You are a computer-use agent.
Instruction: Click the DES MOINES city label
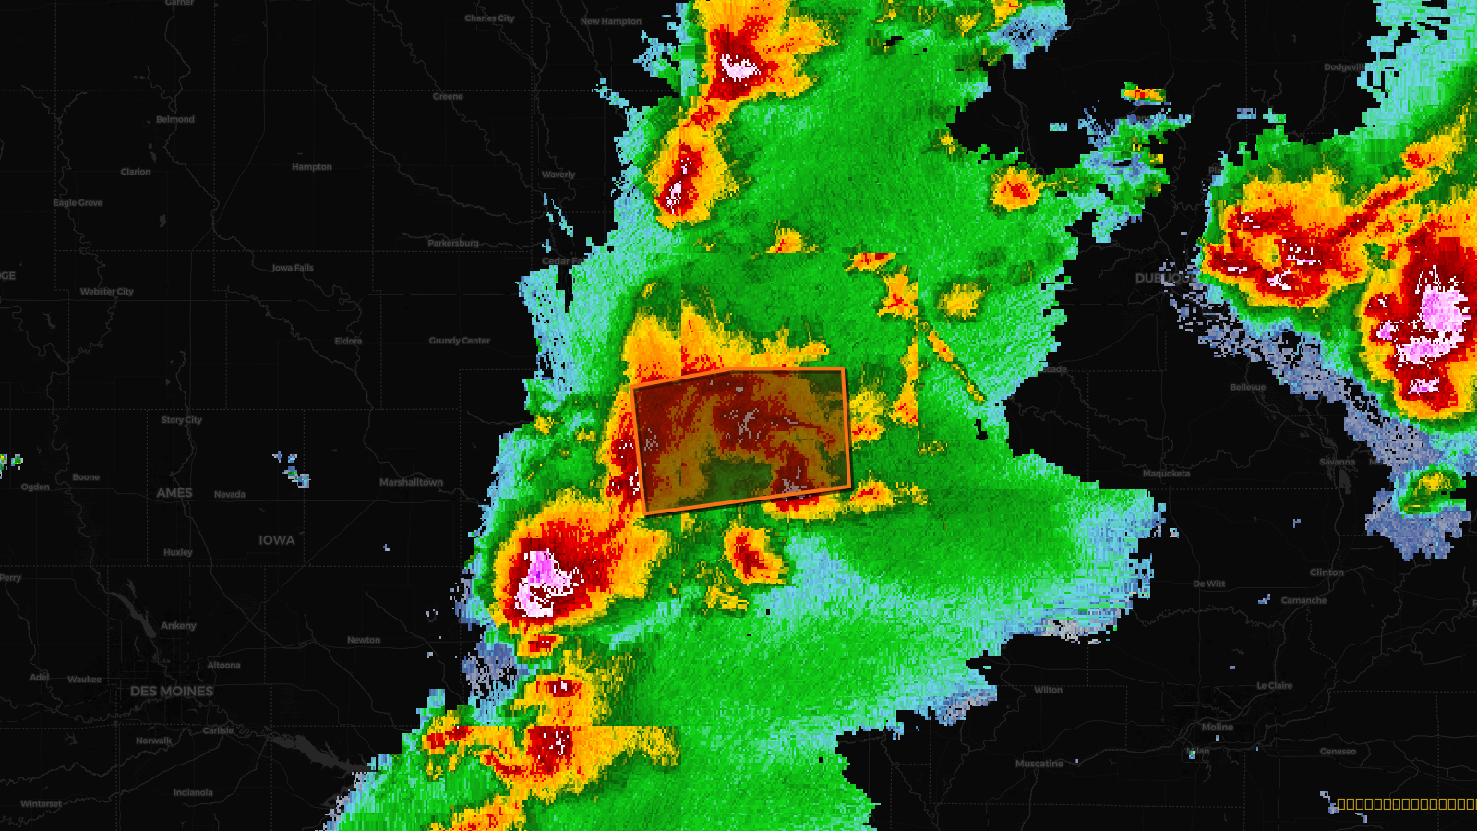172,691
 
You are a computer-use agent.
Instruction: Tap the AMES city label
174,493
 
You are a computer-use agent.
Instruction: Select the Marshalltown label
411,482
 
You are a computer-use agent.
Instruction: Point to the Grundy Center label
460,341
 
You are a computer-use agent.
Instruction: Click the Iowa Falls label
293,268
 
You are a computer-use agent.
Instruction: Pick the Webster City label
107,292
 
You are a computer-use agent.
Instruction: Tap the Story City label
181,420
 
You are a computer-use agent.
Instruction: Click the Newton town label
364,640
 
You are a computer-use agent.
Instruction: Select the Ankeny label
178,626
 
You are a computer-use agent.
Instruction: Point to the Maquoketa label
1166,474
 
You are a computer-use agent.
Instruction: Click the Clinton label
1327,572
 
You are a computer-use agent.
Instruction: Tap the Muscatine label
1039,764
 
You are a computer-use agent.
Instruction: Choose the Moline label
1218,728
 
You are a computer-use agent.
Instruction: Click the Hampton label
312,167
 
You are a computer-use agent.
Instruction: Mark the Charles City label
489,18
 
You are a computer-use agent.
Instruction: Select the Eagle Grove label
78,203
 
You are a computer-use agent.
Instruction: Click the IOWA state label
277,540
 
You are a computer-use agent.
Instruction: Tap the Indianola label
193,792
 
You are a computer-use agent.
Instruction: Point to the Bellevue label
1247,388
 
